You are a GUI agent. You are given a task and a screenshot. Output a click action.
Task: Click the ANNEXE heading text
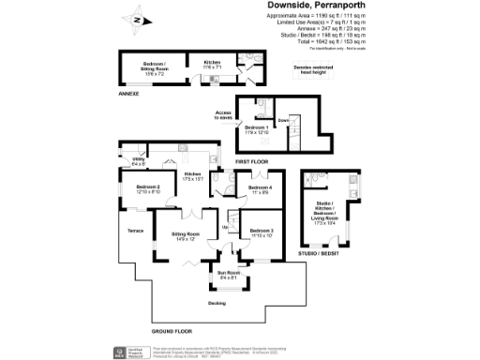[128, 95]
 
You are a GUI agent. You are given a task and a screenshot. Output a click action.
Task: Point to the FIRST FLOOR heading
[251, 162]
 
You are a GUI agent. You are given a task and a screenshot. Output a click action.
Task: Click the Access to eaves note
[223, 115]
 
